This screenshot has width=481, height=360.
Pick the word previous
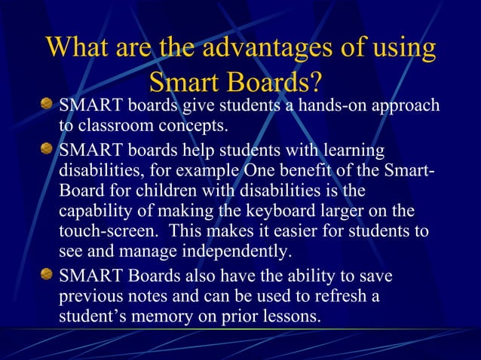pyautogui.click(x=90, y=297)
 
